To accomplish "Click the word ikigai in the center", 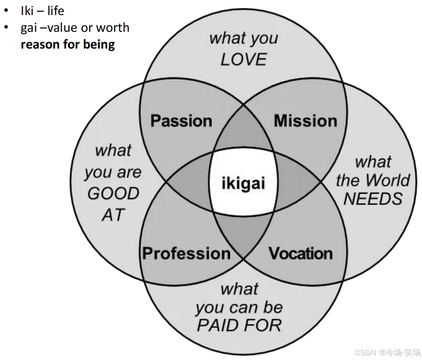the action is point(243,183).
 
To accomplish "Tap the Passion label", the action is point(181,121).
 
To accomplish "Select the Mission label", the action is point(306,121).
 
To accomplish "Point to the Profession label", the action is point(187,253).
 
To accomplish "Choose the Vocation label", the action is point(301,253).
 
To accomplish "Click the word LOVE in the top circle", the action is point(244,60).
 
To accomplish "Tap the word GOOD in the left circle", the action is point(113,194).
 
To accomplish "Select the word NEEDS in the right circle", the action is point(373,198).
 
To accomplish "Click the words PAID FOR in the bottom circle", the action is point(239,325).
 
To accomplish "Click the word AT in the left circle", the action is point(113,215).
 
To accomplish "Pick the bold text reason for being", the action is point(68,44).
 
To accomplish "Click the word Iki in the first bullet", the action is point(27,10).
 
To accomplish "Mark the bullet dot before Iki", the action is point(6,10).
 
